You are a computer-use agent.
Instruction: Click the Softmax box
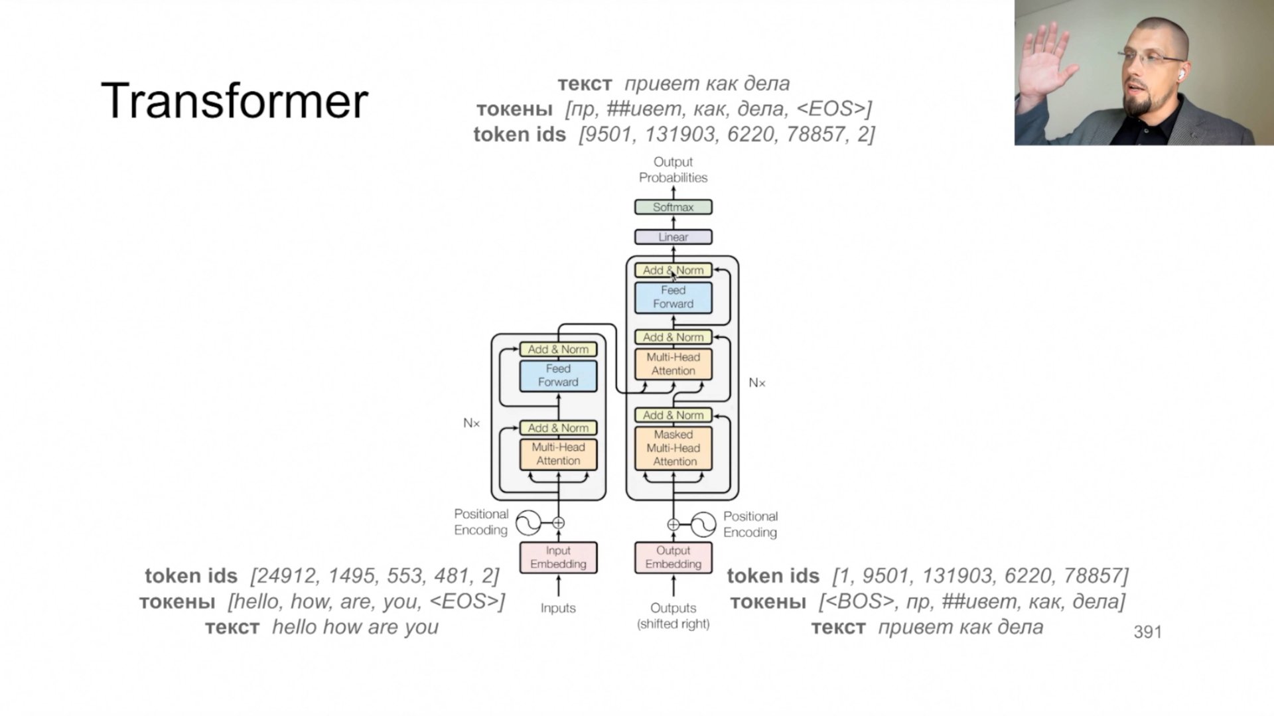click(x=673, y=207)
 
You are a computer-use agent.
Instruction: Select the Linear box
click(x=673, y=237)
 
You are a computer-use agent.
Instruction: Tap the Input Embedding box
click(x=558, y=557)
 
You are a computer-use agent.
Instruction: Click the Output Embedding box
click(x=673, y=557)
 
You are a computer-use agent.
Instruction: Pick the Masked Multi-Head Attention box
click(x=673, y=448)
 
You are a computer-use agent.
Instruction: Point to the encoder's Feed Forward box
click(x=558, y=376)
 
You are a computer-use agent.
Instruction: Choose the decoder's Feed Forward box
click(x=673, y=297)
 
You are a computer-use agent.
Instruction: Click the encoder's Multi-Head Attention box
click(x=558, y=454)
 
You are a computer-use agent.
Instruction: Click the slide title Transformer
click(x=234, y=101)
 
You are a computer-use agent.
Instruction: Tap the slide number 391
click(x=1147, y=632)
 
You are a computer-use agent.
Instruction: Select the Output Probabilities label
click(x=673, y=170)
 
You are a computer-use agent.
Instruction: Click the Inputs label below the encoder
click(x=558, y=608)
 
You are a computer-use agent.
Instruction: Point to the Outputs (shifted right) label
click(x=673, y=615)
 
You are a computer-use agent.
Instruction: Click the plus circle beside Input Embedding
click(x=558, y=523)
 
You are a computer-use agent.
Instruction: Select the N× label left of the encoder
click(x=471, y=423)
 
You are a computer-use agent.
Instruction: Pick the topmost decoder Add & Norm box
click(x=673, y=270)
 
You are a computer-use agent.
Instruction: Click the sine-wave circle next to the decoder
click(x=703, y=524)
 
